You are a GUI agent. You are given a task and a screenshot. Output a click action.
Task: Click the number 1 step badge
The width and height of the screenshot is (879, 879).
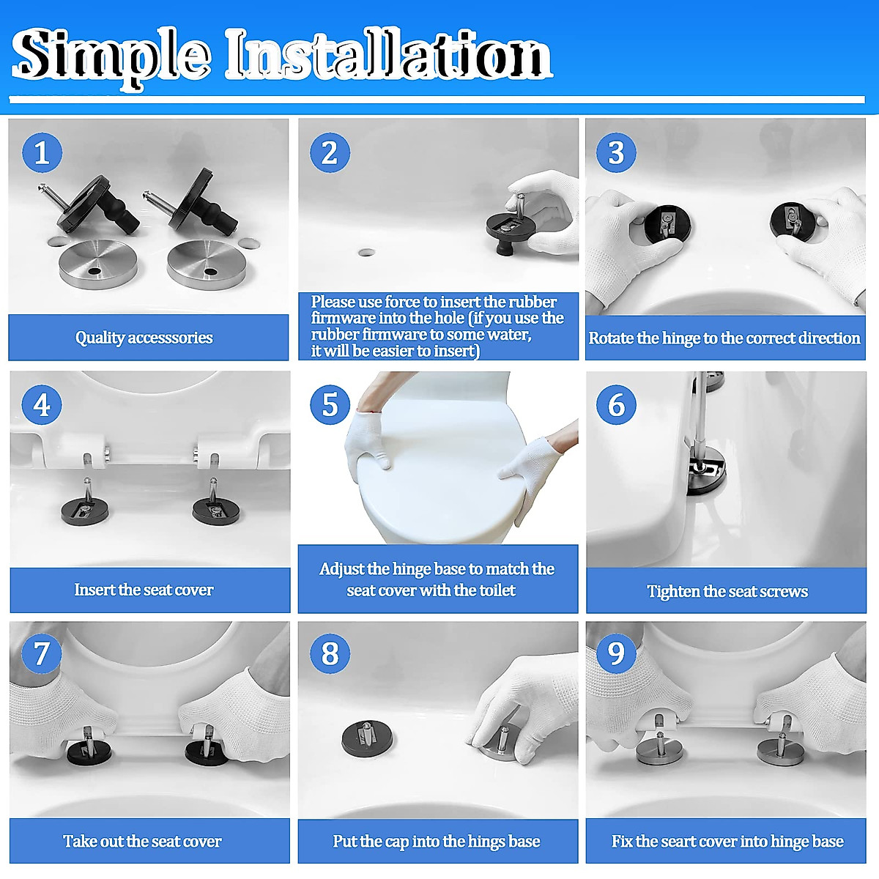42,152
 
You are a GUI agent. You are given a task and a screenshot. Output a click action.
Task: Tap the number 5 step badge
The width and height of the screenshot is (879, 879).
330,404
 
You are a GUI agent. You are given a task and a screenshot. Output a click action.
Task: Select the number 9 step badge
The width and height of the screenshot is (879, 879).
616,653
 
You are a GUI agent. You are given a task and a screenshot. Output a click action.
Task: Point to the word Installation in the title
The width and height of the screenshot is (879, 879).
387,56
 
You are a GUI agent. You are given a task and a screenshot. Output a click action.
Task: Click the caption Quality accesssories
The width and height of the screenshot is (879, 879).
144,338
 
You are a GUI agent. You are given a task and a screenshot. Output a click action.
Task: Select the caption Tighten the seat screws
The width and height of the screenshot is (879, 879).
727,591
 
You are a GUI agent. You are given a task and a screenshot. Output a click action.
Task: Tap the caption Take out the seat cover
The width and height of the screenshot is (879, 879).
142,841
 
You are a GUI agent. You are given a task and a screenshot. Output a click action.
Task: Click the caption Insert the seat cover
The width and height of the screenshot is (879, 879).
144,590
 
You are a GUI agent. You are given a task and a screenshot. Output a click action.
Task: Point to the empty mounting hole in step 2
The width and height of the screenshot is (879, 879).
366,253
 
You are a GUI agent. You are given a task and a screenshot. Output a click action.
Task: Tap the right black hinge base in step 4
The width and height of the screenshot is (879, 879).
215,508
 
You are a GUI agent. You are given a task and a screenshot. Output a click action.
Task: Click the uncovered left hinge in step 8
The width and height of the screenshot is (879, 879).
368,737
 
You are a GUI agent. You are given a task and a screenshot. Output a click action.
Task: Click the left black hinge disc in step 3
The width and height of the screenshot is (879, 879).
661,223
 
